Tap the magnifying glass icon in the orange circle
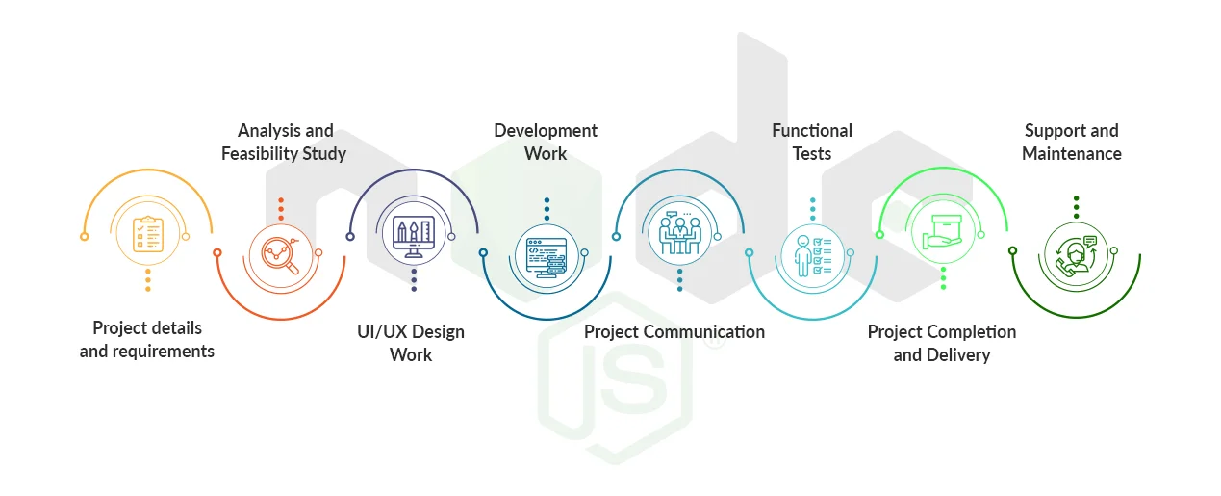tap(281, 255)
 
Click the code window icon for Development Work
tap(547, 255)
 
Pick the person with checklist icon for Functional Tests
tap(812, 255)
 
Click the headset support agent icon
tap(1076, 255)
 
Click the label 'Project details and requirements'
tap(147, 339)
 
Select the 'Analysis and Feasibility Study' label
tap(285, 142)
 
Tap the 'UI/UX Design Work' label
tap(411, 343)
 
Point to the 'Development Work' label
tap(546, 142)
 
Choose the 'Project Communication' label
tap(674, 331)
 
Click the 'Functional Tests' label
tap(812, 142)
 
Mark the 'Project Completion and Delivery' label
tap(942, 343)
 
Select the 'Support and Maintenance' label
tap(1071, 142)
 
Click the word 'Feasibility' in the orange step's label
tap(265, 153)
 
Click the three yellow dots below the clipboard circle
tap(147, 280)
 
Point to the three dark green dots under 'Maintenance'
tap(1076, 208)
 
